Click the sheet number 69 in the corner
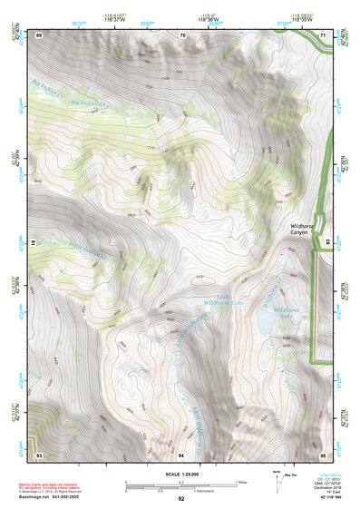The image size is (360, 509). click(39, 34)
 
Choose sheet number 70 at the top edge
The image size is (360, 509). click(182, 34)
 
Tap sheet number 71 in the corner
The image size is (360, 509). click(324, 34)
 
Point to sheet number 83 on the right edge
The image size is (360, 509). click(327, 243)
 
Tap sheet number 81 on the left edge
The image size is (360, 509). click(35, 243)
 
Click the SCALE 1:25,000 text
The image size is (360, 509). click(180, 475)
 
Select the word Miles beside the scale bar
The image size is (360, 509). click(242, 481)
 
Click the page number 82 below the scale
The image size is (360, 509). click(181, 500)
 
